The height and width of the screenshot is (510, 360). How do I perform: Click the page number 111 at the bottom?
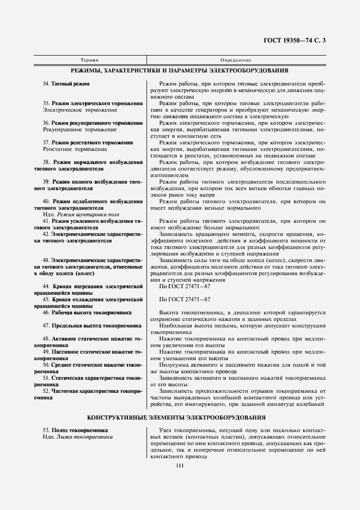pyautogui.click(x=180, y=464)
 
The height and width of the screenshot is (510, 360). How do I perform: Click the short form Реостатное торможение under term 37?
pyautogui.click(x=71, y=149)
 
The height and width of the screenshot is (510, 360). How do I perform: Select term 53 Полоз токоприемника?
pyautogui.click(x=75, y=430)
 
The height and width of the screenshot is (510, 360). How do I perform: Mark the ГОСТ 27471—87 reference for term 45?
pyautogui.click(x=185, y=300)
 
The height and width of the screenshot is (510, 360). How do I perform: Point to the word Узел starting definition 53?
pyautogui.click(x=166, y=430)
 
